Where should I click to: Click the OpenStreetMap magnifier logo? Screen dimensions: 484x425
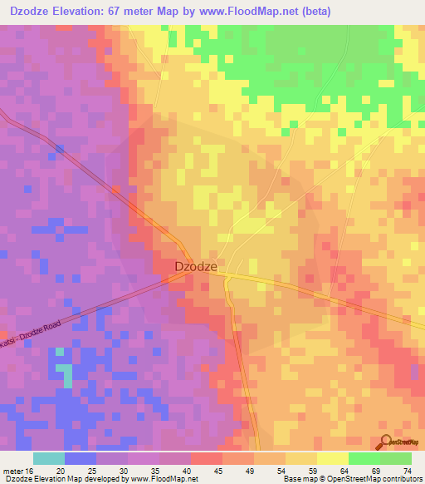[385, 442]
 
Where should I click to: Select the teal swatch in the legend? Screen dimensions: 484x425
[48, 458]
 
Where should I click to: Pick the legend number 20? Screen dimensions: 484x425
[61, 471]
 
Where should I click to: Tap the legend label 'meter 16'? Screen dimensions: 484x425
[17, 471]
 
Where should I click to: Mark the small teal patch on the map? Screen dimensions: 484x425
[62, 370]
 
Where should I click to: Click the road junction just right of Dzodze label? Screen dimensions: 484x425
[226, 275]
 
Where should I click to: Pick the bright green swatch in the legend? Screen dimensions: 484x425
[364, 458]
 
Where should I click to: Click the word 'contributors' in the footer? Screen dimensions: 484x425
[399, 479]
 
